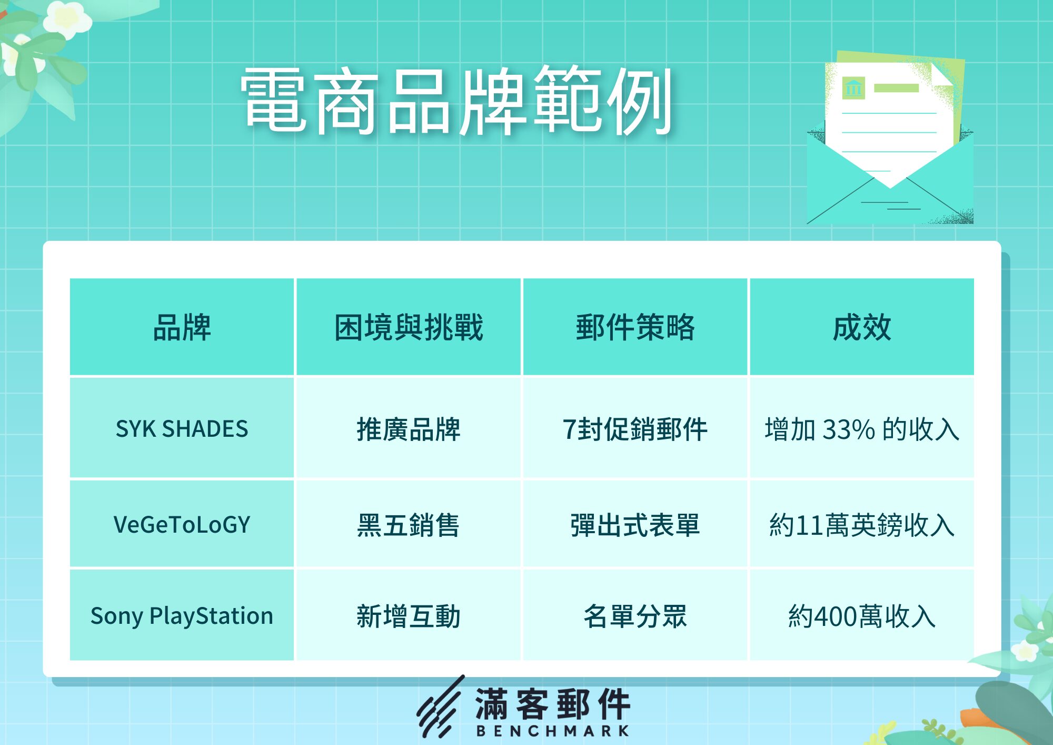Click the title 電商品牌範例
coord(456,100)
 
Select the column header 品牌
coord(182,327)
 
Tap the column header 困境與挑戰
coord(409,327)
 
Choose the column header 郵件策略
coord(635,327)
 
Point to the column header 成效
coord(862,327)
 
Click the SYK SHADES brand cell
coord(182,428)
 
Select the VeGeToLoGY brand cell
coord(182,524)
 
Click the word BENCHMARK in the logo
coord(553,731)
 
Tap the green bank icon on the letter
coord(853,88)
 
